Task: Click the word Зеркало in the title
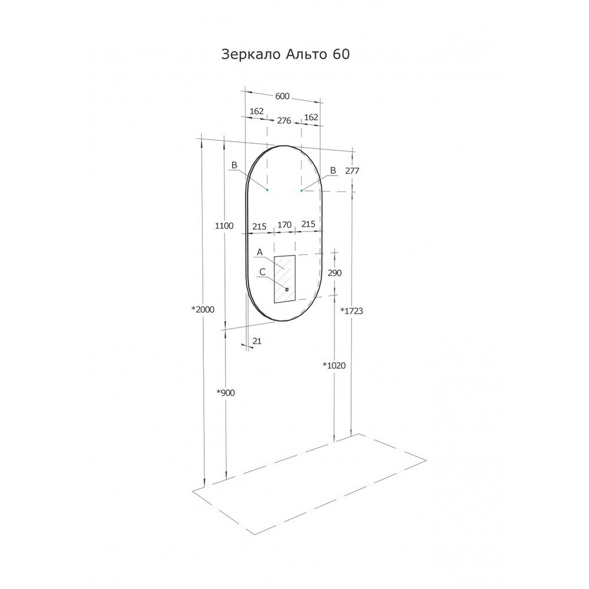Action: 251,54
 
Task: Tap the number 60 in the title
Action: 341,54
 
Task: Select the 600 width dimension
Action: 283,96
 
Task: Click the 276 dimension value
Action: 284,121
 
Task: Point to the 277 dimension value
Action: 352,171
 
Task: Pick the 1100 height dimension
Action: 224,226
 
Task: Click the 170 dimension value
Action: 284,224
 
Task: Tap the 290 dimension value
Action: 335,273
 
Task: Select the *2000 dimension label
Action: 203,310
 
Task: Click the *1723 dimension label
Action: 352,310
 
